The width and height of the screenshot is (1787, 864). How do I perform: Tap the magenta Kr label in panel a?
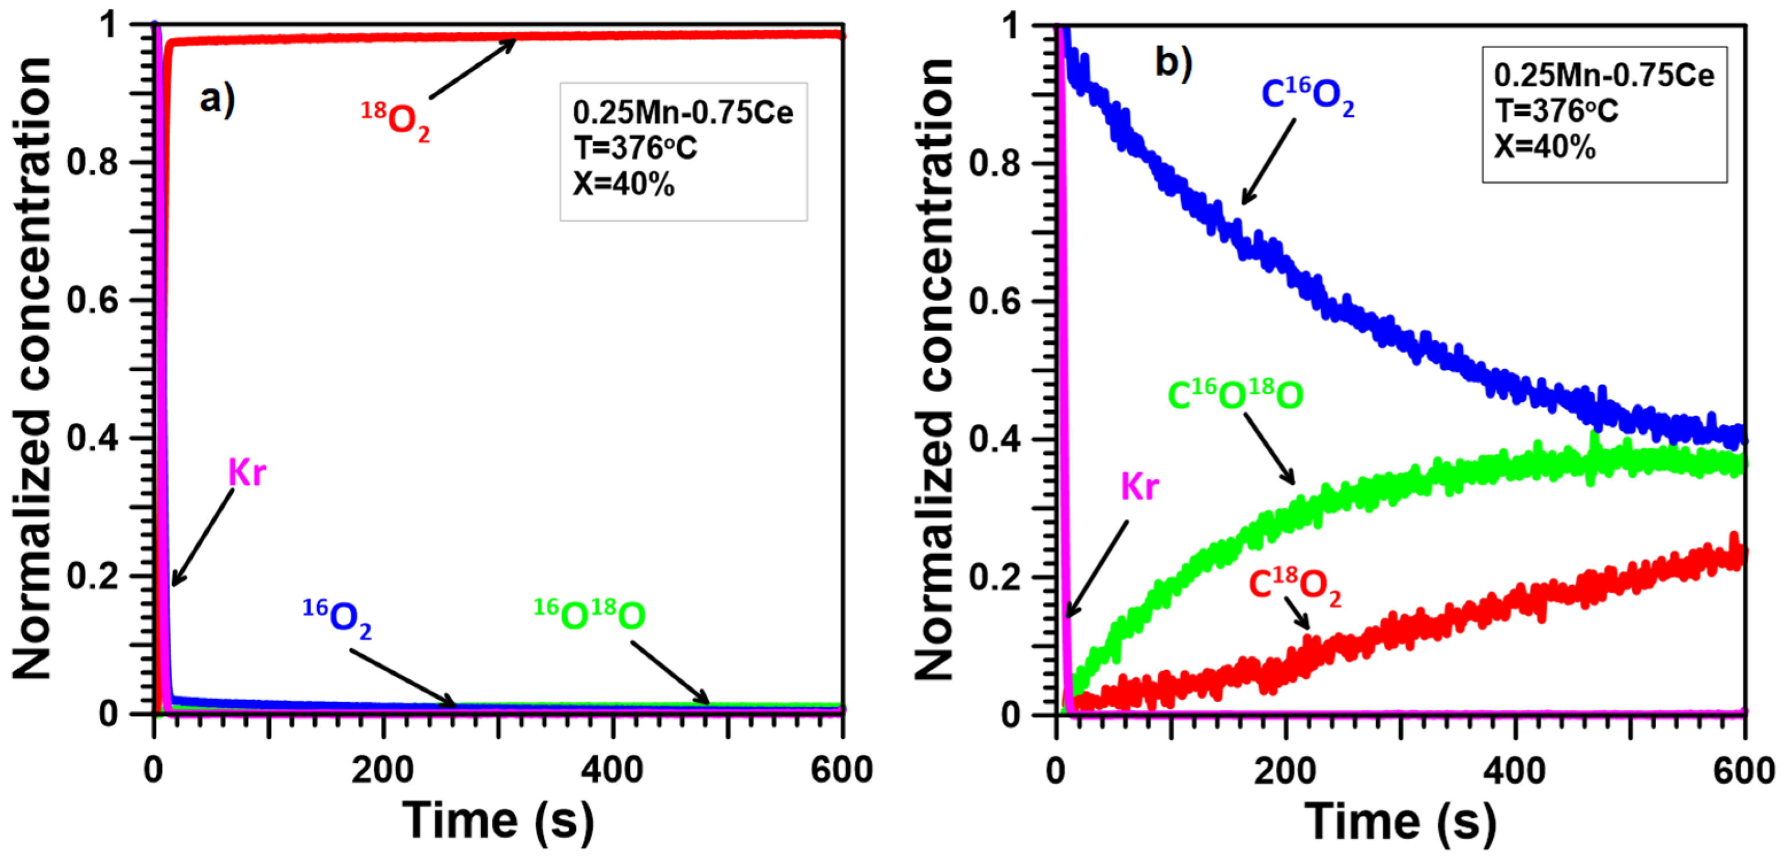(x=247, y=473)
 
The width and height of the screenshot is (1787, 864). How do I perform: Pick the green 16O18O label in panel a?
(x=590, y=614)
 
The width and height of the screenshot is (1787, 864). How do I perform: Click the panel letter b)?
(x=1173, y=63)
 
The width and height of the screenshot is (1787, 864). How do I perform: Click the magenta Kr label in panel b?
(x=1139, y=487)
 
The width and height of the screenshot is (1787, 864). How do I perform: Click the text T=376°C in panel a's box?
(x=634, y=149)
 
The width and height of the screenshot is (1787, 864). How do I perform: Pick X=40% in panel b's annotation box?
(x=1544, y=147)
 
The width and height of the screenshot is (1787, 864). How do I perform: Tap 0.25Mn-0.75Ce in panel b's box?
(x=1603, y=76)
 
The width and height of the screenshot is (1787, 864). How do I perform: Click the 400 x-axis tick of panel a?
(x=612, y=770)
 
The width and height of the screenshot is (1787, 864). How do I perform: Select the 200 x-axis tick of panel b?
(x=1285, y=770)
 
